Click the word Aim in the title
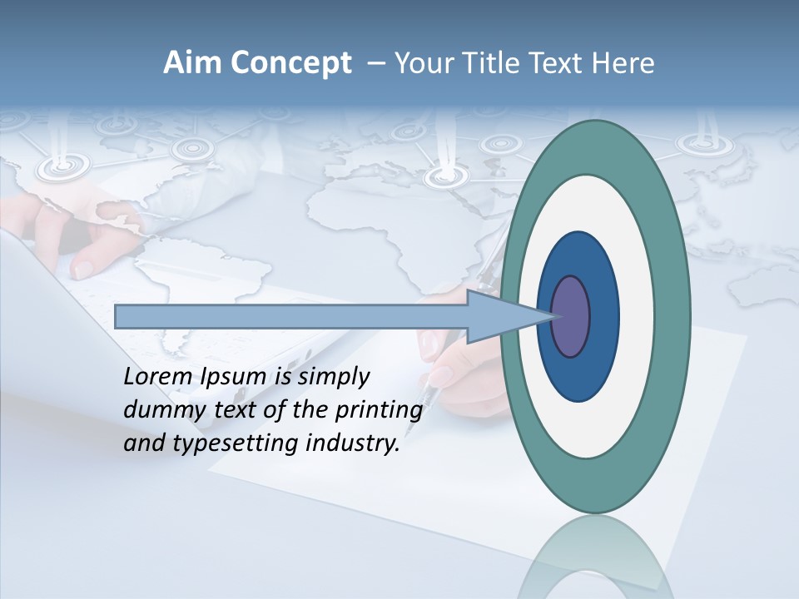(191, 63)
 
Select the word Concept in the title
(290, 64)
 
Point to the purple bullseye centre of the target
(572, 317)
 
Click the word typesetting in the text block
(246, 444)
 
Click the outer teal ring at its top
(596, 146)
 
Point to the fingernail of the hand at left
(84, 268)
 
